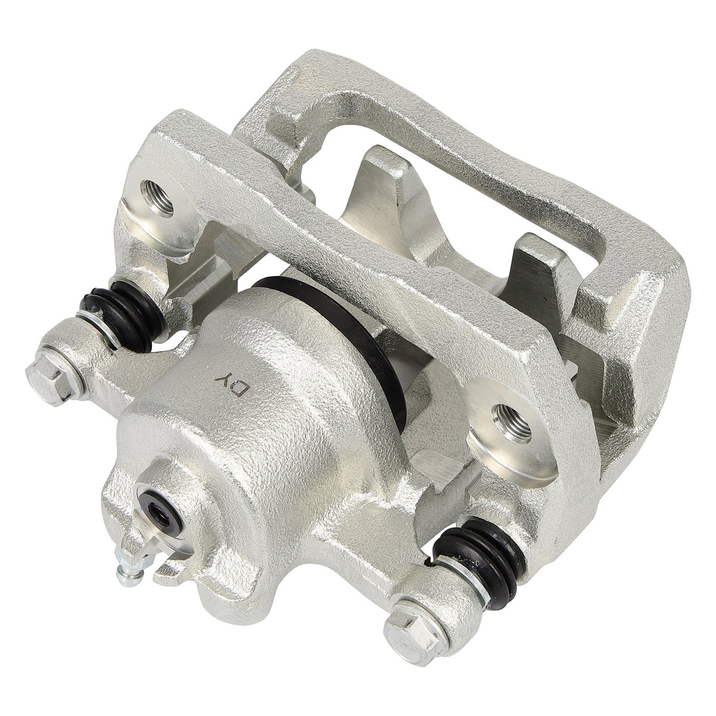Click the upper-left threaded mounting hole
(157, 199)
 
